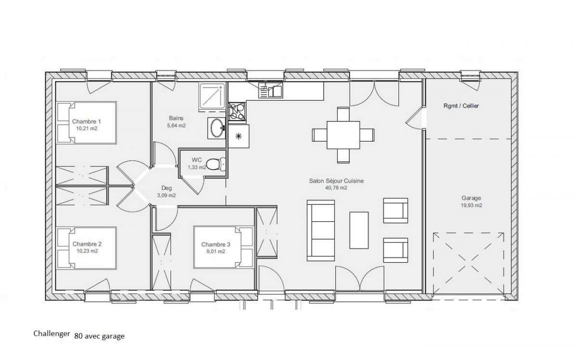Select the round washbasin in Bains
coord(217,128)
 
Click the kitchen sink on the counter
coord(270,90)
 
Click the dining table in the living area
coord(343,135)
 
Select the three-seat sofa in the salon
coord(321,230)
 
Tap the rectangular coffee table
coord(359,230)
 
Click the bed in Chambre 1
coord(87,122)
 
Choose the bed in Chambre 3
coord(223,247)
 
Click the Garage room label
coord(471,198)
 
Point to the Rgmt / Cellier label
coord(461,106)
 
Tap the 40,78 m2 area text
coord(336,188)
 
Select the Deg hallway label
coord(166,188)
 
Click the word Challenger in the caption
coord(52,333)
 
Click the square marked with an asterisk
coord(238,136)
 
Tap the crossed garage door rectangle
coord(468,263)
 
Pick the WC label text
coord(197,160)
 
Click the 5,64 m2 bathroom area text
coord(176,125)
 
